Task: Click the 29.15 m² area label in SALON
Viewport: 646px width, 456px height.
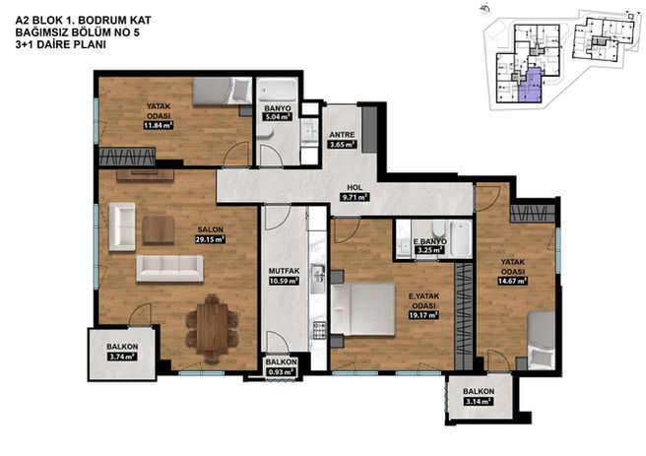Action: (210, 239)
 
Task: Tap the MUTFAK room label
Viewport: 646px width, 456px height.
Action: (284, 271)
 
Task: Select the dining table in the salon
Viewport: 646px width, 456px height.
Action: (212, 328)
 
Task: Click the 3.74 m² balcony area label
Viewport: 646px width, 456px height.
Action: (122, 357)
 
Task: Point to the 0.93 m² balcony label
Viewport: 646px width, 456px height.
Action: (281, 372)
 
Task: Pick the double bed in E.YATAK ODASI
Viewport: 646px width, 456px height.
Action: (363, 309)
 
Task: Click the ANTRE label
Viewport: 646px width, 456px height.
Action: (342, 135)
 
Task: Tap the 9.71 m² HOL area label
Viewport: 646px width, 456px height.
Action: (354, 197)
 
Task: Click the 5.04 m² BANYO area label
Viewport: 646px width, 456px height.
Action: (278, 117)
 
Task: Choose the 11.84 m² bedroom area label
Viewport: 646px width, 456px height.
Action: (159, 125)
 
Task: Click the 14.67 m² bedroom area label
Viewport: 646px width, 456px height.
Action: (512, 282)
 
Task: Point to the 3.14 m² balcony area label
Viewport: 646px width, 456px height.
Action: (479, 401)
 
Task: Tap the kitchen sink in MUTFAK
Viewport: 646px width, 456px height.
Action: (318, 279)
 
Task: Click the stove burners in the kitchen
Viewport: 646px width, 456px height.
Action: (318, 330)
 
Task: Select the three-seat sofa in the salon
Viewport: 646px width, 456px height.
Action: (169, 269)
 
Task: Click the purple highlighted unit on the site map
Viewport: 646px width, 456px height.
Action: (530, 86)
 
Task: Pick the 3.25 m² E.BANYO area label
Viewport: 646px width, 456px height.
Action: (428, 250)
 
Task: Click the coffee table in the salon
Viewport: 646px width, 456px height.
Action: (159, 229)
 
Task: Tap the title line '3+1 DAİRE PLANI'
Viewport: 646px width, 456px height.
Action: (61, 44)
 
